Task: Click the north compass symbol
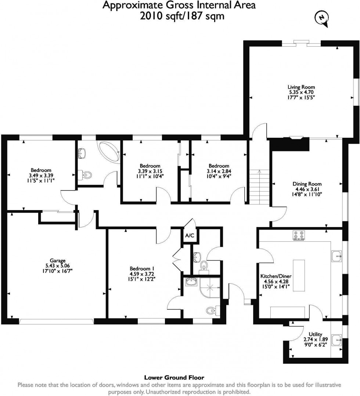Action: click(322, 17)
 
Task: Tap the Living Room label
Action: click(301, 87)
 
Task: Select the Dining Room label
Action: click(307, 184)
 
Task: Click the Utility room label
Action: click(316, 334)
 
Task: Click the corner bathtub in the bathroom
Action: click(108, 152)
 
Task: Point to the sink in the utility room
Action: click(337, 340)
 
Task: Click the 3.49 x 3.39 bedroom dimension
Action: click(41, 176)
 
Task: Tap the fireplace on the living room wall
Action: click(295, 138)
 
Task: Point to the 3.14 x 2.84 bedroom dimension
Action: click(219, 171)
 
